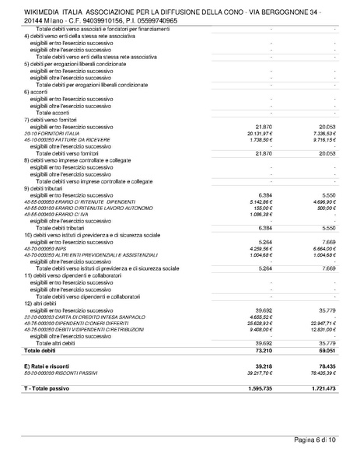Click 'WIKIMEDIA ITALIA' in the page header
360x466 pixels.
tap(53, 12)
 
